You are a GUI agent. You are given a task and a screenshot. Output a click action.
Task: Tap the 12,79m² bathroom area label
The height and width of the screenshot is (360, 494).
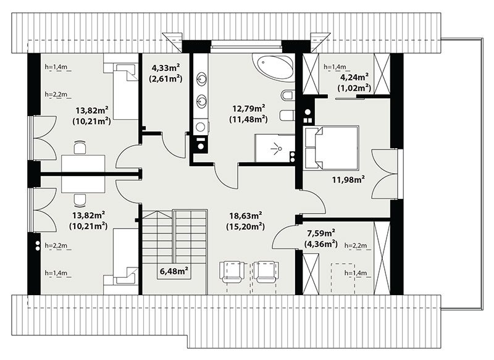249,109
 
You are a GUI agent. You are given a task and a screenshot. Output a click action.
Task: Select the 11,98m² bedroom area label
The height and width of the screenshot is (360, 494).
348,180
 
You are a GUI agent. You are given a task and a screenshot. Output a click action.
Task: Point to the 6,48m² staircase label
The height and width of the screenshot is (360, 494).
174,271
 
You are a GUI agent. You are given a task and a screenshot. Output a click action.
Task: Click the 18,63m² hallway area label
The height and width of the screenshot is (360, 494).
246,216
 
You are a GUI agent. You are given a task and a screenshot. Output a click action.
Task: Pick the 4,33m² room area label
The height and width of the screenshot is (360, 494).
165,67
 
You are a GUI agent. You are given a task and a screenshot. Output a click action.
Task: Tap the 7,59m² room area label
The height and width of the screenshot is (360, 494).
321,233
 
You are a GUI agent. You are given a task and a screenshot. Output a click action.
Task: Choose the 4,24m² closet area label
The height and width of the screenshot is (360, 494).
354,77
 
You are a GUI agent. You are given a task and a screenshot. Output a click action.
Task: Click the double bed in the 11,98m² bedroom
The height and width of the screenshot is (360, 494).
331,148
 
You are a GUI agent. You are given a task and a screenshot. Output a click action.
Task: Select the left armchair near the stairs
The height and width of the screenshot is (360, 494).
233,272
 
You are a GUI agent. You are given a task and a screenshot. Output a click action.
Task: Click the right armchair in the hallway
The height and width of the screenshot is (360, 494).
267,272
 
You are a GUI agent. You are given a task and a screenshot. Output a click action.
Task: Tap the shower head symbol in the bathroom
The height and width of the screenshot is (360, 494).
276,148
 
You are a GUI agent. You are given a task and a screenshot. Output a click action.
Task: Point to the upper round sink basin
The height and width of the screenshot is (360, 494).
201,78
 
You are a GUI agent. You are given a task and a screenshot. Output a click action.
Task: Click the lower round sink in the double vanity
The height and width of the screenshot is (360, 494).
201,101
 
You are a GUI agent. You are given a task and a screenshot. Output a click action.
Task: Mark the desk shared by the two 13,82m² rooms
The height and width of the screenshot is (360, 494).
83,174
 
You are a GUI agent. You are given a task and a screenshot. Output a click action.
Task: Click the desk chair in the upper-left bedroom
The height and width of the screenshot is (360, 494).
80,148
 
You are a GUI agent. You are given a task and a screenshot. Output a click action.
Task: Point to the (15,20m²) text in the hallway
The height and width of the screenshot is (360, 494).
245,227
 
